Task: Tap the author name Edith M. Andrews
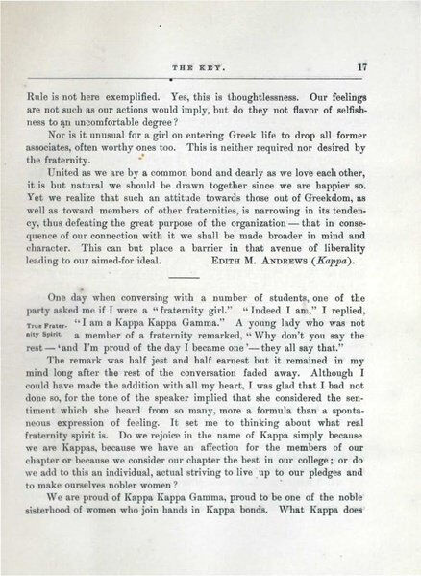pyautogui.click(x=277, y=232)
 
